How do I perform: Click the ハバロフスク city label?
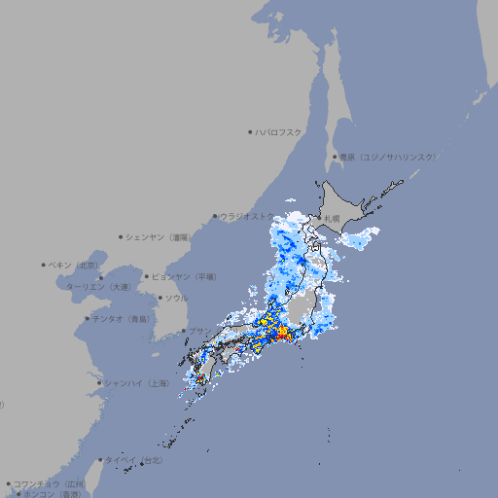click(279, 131)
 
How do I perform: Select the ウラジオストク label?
click(248, 216)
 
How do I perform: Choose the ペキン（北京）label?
click(75, 265)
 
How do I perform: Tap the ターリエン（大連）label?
click(97, 287)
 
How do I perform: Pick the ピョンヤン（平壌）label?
click(185, 276)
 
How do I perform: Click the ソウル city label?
click(176, 298)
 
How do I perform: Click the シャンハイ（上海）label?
click(137, 383)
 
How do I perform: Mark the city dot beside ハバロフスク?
click(250, 131)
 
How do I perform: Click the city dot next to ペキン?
click(44, 265)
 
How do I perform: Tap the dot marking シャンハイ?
click(99, 383)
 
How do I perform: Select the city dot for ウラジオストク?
click(215, 216)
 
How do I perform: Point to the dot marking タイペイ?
click(100, 460)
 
